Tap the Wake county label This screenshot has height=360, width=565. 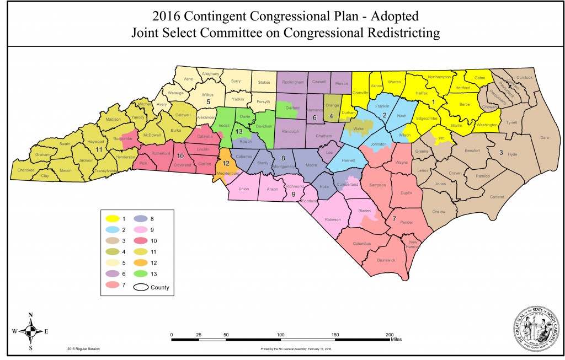pos(360,128)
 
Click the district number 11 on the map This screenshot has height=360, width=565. pos(99,149)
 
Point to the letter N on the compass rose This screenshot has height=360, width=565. pos(31,315)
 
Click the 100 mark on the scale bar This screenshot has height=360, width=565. pos(280,335)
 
